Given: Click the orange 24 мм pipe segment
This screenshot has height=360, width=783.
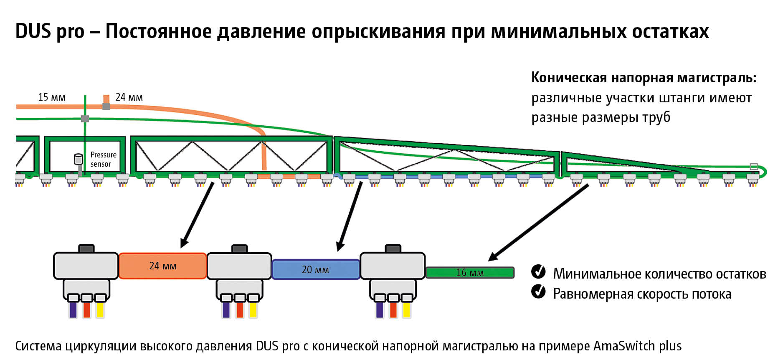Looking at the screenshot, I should pyautogui.click(x=162, y=266).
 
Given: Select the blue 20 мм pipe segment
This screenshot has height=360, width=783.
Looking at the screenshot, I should pyautogui.click(x=315, y=269).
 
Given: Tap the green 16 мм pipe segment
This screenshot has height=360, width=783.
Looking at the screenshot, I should pyautogui.click(x=470, y=273).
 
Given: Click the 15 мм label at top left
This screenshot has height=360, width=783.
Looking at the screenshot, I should pyautogui.click(x=52, y=97).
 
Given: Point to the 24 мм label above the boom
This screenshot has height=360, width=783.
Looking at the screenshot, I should pyautogui.click(x=129, y=97).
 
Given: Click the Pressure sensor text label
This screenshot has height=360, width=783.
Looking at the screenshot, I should pyautogui.click(x=103, y=159).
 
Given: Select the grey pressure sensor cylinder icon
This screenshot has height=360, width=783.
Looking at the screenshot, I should pyautogui.click(x=78, y=159).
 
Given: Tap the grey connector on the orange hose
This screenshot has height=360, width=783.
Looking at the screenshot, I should pyautogui.click(x=106, y=106).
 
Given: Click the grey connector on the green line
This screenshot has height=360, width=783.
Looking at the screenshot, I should pyautogui.click(x=85, y=119).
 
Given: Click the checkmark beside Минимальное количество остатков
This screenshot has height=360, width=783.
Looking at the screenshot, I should pyautogui.click(x=538, y=271).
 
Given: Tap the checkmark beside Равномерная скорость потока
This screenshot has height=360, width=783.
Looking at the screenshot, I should pyautogui.click(x=538, y=292).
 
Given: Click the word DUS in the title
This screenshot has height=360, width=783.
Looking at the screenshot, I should pyautogui.click(x=33, y=31).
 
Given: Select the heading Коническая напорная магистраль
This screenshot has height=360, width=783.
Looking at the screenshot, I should pyautogui.click(x=644, y=78).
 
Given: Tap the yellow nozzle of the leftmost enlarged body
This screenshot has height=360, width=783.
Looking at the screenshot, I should pyautogui.click(x=100, y=309).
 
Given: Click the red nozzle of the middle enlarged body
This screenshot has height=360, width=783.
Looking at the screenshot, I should pyautogui.click(x=240, y=309).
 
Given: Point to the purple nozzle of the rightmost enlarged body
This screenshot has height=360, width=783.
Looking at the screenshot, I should pyautogui.click(x=380, y=309).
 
